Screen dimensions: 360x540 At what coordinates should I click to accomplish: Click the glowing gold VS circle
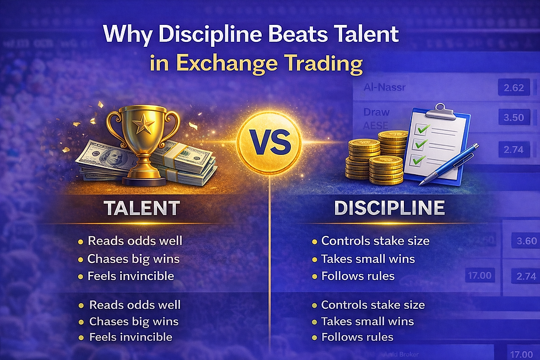point(270,142)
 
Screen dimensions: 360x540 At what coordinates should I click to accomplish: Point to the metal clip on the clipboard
point(439,111)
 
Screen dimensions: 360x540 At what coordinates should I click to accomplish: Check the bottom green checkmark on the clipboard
point(419,160)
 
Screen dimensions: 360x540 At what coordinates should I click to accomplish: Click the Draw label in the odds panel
point(376,112)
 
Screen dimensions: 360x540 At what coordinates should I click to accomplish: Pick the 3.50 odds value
point(514,118)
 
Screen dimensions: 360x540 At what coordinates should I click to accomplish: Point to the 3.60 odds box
point(523,241)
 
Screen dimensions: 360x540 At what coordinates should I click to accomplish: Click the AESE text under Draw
point(376,125)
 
